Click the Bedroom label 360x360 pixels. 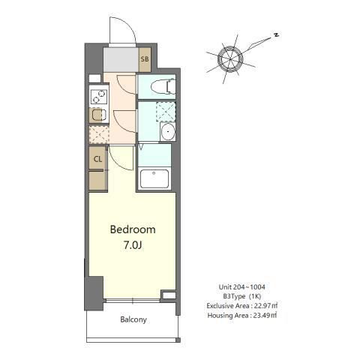(133, 229)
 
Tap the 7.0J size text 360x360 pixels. (133, 245)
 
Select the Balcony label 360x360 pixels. (133, 319)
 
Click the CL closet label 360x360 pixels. (97, 159)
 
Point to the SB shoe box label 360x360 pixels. (145, 59)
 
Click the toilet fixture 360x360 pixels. (163, 87)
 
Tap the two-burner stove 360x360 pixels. (99, 97)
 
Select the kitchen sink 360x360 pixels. (98, 115)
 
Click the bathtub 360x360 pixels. (154, 179)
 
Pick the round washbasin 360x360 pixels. (168, 132)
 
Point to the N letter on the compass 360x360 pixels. (276, 35)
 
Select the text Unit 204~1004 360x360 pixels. (241, 286)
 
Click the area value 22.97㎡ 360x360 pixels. (265, 306)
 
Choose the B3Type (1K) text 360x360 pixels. (242, 296)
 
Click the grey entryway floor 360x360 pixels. (121, 60)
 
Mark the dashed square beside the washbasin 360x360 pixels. (166, 112)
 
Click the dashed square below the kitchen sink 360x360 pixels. (99, 135)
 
